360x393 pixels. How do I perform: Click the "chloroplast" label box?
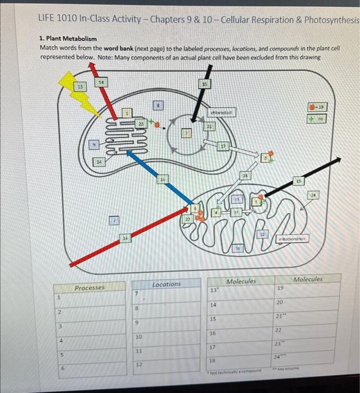[x=221, y=112]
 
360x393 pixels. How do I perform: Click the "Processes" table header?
[x=90, y=287]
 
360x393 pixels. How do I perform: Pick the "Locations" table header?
[x=167, y=284]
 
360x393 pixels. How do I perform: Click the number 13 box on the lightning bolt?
[x=81, y=86]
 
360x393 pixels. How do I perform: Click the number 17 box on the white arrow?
[x=222, y=148]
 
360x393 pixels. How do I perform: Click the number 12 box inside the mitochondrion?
[x=262, y=234]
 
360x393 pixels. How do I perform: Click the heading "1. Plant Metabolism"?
[x=68, y=39]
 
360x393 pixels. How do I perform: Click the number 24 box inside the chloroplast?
[x=99, y=162]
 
